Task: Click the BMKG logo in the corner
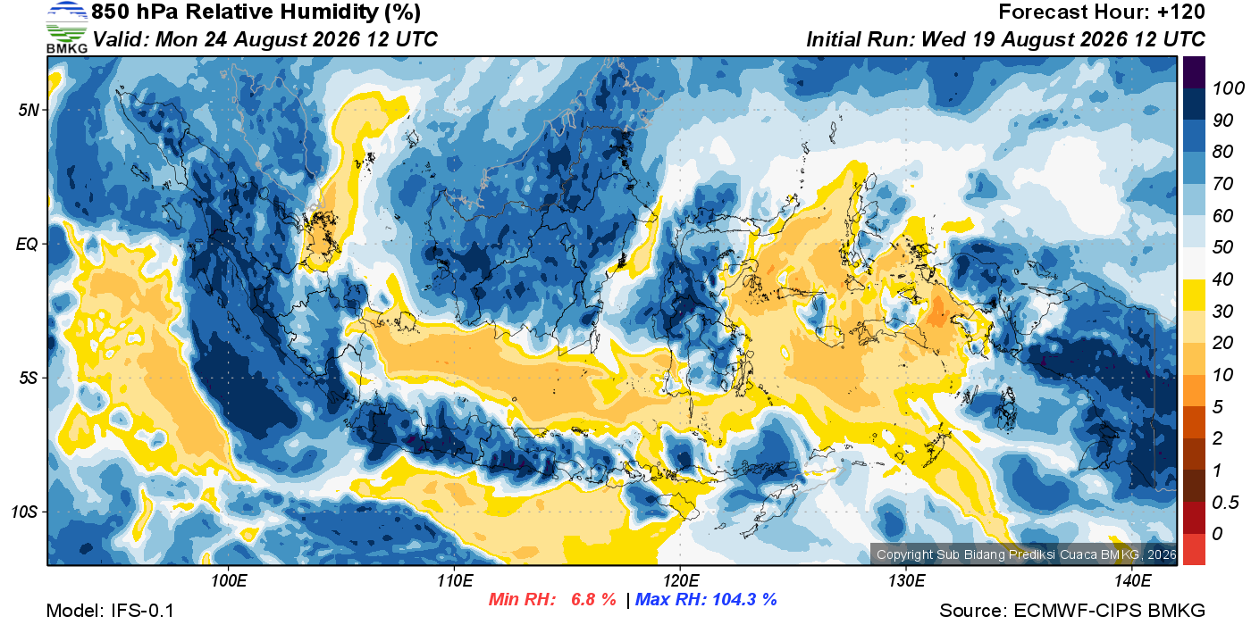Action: (x=67, y=27)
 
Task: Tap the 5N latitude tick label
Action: (x=29, y=110)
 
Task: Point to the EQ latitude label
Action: (x=27, y=244)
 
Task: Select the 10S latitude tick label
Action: (x=25, y=512)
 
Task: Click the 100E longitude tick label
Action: (x=229, y=580)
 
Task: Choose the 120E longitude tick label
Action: (x=680, y=580)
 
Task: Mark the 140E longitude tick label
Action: (x=1132, y=580)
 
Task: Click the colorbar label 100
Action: (x=1228, y=88)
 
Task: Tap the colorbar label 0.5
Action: (x=1225, y=503)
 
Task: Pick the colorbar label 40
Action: (x=1222, y=279)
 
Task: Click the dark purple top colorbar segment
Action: (x=1194, y=72)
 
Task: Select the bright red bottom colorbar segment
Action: (x=1194, y=549)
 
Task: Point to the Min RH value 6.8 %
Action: (x=593, y=599)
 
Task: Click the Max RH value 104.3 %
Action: (x=744, y=599)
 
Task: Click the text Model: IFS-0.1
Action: (x=110, y=611)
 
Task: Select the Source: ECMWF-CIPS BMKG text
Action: (x=1072, y=611)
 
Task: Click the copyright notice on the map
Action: (x=1026, y=554)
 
